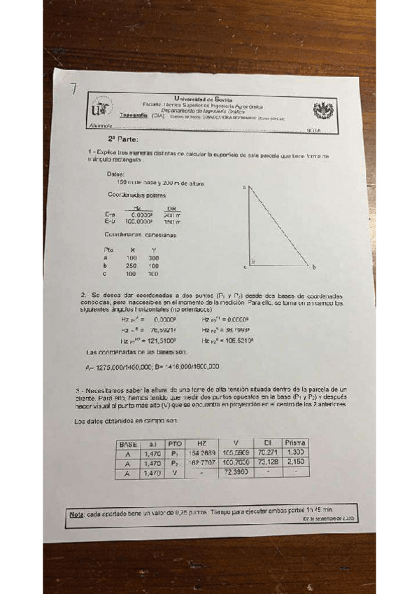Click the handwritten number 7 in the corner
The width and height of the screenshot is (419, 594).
[x=73, y=89]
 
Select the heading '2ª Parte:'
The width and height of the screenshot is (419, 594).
[x=113, y=139]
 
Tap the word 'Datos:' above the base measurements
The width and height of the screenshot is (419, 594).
[x=115, y=174]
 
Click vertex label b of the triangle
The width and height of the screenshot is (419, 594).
[x=314, y=267]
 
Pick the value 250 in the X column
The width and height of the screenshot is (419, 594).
[x=131, y=266]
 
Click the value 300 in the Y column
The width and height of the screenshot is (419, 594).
[x=154, y=258]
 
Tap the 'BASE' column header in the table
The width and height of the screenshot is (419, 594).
[x=129, y=444]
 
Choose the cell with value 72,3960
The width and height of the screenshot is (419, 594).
[x=236, y=473]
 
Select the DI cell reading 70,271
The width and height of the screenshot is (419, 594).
[x=267, y=453]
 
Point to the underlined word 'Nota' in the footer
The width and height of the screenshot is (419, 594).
[x=76, y=514]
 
